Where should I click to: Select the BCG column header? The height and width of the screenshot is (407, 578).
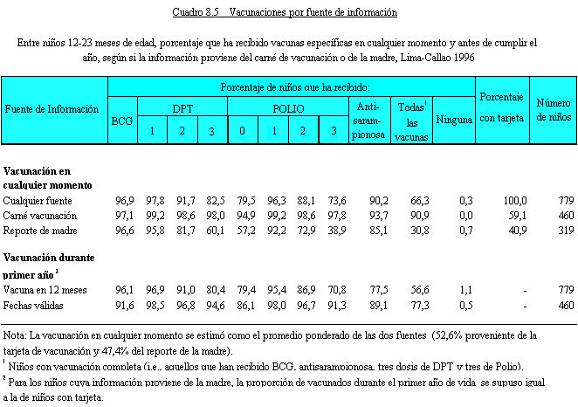click(123, 121)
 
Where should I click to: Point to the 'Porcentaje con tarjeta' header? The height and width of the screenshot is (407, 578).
click(502, 108)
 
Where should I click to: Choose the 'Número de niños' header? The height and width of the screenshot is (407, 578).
click(554, 108)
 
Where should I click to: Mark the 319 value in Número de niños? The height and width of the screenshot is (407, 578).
click(562, 230)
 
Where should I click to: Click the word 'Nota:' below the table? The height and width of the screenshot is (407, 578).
click(16, 335)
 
